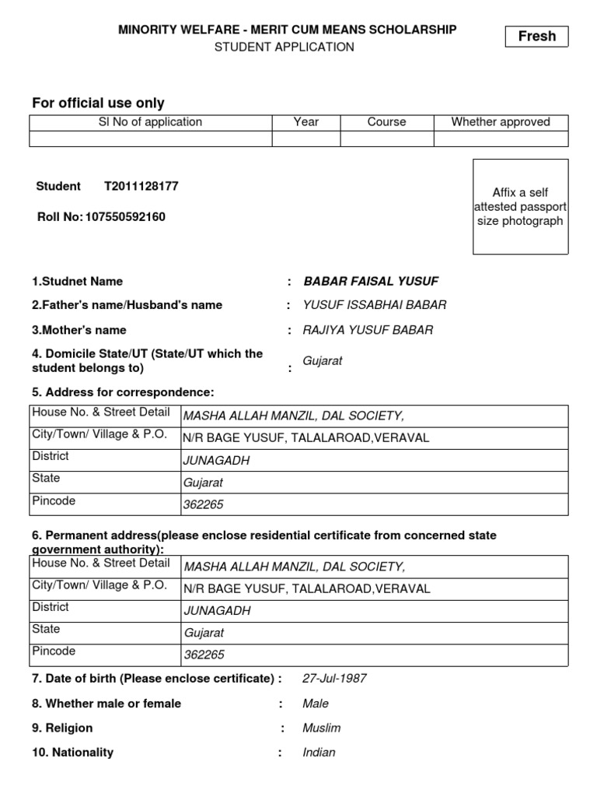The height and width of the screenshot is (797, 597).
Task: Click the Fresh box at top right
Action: pos(536,37)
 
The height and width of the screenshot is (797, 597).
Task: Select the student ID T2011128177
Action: pos(141,187)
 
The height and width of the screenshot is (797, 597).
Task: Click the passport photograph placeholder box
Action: pos(520,206)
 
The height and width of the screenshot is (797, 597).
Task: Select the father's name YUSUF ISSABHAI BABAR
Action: pos(375,305)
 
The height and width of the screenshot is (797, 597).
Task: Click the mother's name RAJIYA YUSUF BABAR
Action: pos(368,330)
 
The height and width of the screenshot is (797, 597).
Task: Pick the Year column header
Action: pos(306,122)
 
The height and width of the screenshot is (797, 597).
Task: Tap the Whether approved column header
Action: pos(501,122)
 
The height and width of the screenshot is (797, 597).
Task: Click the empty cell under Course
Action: pos(387,139)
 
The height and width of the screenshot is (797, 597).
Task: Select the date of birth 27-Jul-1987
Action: pos(334,679)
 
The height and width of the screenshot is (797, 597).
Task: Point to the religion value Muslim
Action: pos(322,729)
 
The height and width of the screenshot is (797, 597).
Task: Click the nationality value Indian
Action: pos(319,753)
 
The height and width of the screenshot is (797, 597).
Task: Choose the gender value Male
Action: pos(316,704)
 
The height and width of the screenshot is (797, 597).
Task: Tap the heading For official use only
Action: pos(98,104)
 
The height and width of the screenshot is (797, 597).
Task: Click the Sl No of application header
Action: pos(151,122)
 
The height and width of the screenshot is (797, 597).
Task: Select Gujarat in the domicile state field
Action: pos(323,361)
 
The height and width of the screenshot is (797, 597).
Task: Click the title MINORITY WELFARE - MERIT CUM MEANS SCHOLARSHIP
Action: pos(287,30)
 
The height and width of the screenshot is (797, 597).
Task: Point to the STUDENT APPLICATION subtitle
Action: pos(285,47)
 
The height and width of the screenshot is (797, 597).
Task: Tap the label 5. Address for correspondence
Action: pos(123,392)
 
